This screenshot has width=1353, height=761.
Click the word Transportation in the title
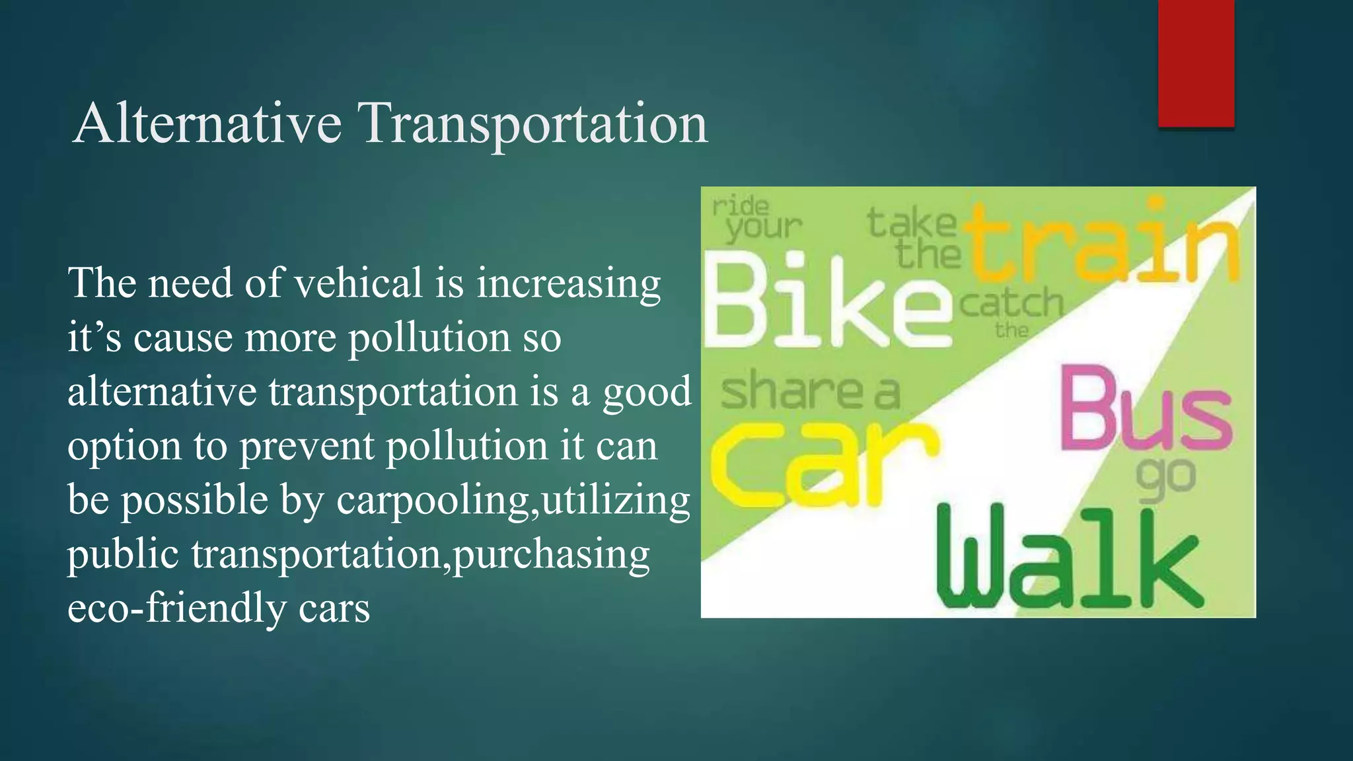tap(532, 125)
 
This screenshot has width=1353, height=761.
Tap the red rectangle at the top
tap(1196, 63)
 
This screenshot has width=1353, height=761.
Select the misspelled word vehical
tap(357, 283)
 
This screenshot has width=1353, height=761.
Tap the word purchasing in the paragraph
tap(551, 555)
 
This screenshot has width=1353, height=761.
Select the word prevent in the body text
tap(307, 446)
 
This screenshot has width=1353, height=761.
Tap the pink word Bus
tap(1146, 410)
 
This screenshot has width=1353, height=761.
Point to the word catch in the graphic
tap(1011, 304)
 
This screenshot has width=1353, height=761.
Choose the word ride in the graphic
tap(740, 207)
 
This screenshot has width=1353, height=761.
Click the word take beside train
tap(911, 222)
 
